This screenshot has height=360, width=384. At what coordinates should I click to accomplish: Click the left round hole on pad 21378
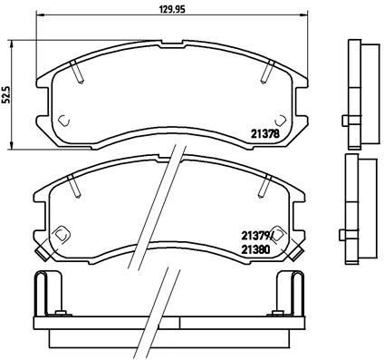[63, 120]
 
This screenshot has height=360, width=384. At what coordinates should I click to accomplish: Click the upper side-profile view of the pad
[358, 91]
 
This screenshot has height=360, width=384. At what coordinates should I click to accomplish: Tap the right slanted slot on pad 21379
[264, 185]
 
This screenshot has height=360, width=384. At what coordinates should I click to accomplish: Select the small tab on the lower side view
[347, 235]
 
